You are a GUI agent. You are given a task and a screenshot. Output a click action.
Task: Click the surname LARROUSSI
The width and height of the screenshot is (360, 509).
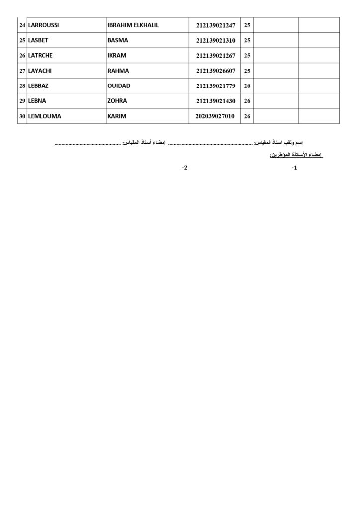pyautogui.click(x=43, y=25)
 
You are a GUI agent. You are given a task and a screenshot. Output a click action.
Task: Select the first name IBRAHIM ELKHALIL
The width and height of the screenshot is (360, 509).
pyautogui.click(x=133, y=25)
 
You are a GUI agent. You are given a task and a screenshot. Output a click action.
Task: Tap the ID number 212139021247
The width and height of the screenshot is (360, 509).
pyautogui.click(x=216, y=26)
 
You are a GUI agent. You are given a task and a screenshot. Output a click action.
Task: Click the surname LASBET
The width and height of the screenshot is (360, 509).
pyautogui.click(x=38, y=40)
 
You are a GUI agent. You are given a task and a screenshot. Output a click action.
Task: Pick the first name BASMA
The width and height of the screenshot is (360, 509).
pyautogui.click(x=118, y=40)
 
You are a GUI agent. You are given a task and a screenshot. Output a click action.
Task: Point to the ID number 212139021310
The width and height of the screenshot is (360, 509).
pyautogui.click(x=216, y=41)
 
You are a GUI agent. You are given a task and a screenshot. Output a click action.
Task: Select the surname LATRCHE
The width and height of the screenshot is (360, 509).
pyautogui.click(x=40, y=56)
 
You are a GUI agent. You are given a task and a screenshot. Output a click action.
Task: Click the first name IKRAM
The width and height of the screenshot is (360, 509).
pyautogui.click(x=117, y=56)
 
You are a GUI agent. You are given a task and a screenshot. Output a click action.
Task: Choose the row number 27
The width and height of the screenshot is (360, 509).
pyautogui.click(x=22, y=71)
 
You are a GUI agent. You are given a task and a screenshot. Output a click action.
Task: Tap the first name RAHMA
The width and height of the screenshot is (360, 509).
pyautogui.click(x=118, y=71)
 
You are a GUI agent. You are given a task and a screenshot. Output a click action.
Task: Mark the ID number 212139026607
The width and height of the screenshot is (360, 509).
pyautogui.click(x=216, y=71)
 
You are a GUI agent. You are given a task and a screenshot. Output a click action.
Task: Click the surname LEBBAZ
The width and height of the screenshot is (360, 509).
pyautogui.click(x=38, y=86)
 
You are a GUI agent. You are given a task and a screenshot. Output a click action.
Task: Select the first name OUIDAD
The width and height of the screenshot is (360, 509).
pyautogui.click(x=119, y=86)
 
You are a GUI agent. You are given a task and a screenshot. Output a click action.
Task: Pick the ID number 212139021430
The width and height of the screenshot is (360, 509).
pyautogui.click(x=216, y=101)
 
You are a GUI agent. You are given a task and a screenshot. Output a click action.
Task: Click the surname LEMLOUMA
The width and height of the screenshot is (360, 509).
pyautogui.click(x=44, y=116)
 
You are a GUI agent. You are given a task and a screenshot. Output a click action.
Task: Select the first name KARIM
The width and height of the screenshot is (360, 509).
pyautogui.click(x=117, y=116)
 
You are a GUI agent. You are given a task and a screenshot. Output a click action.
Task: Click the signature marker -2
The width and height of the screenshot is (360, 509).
pyautogui.click(x=185, y=168)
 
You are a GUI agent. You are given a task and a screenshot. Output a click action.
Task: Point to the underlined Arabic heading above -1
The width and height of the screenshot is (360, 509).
pyautogui.click(x=296, y=156)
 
